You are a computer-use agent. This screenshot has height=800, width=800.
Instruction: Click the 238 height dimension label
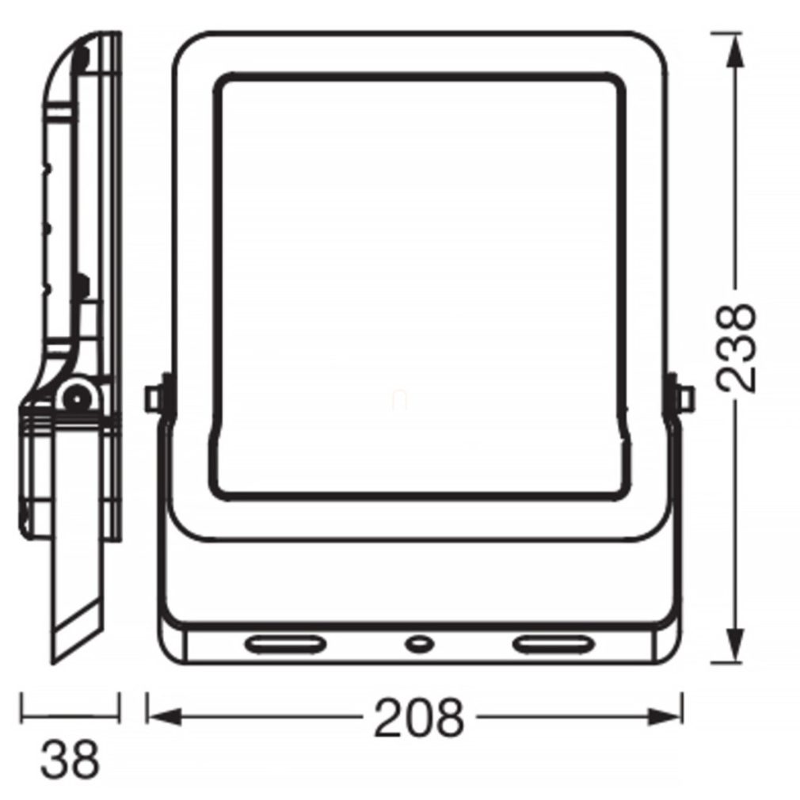[x=735, y=349]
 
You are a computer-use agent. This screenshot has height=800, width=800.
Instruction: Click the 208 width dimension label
[x=419, y=717]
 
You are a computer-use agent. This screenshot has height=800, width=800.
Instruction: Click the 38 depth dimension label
[x=70, y=760]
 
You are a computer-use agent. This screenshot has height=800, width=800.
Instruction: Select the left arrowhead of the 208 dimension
[x=164, y=717]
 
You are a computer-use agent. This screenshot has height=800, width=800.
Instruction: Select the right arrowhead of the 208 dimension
[x=665, y=717]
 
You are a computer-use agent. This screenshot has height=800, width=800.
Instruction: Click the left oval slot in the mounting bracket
[x=284, y=644]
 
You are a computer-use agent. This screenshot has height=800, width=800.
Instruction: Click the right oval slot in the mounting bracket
[x=554, y=644]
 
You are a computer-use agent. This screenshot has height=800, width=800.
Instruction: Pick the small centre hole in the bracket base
[x=419, y=644]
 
